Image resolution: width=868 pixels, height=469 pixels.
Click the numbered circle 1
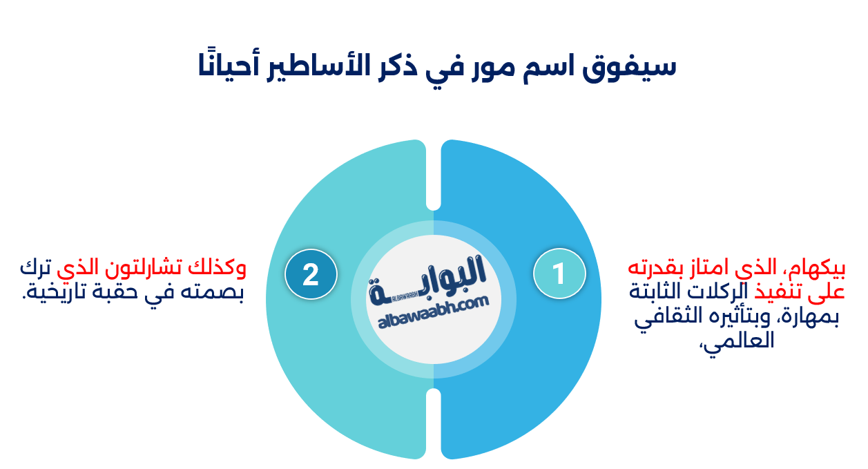click(x=559, y=274)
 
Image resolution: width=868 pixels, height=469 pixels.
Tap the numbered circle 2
click(x=311, y=274)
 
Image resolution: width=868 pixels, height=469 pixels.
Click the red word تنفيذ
click(x=782, y=291)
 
